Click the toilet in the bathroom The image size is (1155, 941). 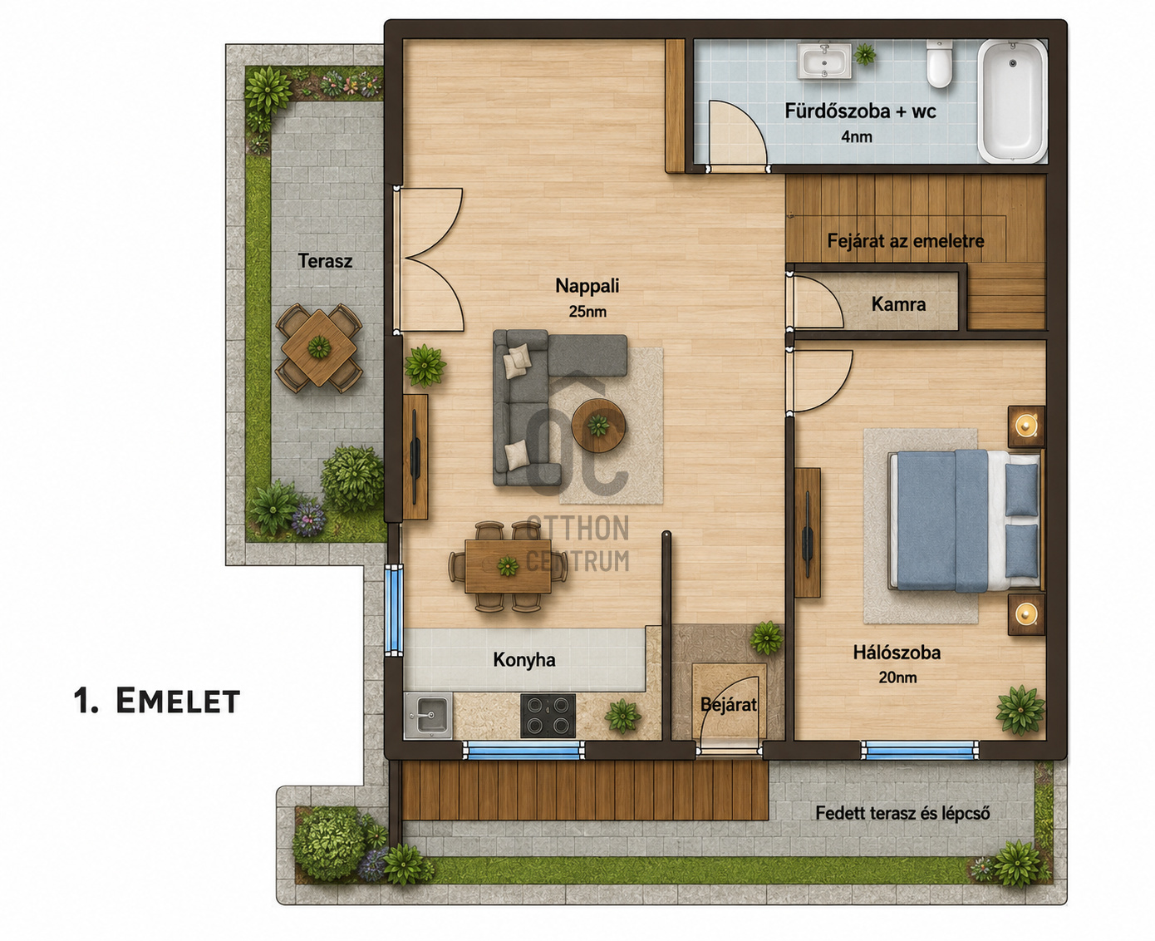(939, 63)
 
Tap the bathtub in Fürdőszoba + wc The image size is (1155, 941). (1012, 101)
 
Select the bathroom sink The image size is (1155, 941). (823, 62)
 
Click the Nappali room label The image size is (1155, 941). (587, 286)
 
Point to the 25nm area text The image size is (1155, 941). (587, 312)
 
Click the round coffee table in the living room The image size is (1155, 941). (598, 426)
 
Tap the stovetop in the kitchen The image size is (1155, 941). (548, 716)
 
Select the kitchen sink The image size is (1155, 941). (428, 716)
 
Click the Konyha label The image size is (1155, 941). (524, 660)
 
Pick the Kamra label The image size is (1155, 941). (898, 304)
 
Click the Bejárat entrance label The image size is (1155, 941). (728, 705)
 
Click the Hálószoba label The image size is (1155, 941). (897, 653)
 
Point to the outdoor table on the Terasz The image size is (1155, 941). (319, 347)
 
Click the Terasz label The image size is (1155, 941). (326, 261)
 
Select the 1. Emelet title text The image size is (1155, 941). (157, 701)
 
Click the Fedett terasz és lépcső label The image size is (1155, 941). (903, 814)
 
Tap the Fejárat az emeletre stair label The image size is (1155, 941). (906, 241)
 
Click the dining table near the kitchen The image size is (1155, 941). (508, 567)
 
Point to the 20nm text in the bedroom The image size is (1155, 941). (897, 678)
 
